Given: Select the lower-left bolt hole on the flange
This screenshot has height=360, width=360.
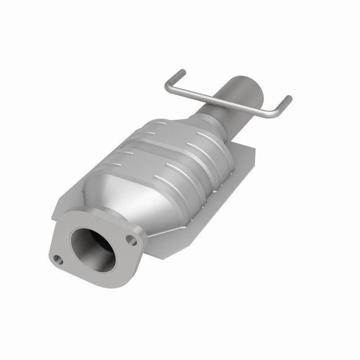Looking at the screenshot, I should click(57, 259).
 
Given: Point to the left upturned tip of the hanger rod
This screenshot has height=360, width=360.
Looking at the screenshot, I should click(182, 72).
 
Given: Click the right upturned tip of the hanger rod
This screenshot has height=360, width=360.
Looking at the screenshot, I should click(288, 99).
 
